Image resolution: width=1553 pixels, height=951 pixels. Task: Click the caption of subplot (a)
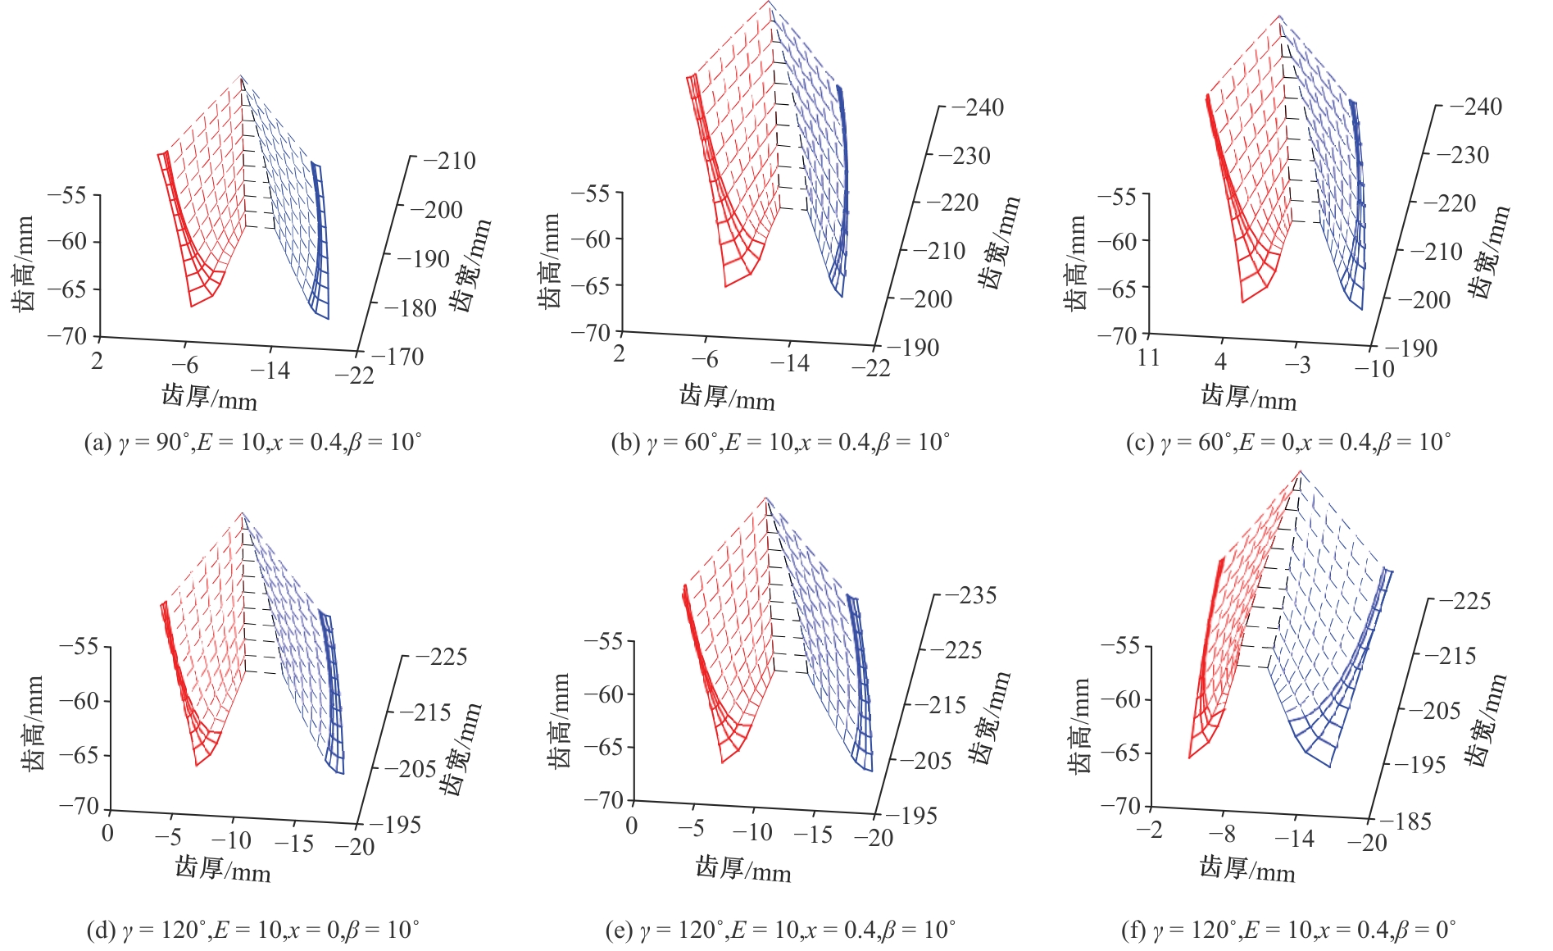252,443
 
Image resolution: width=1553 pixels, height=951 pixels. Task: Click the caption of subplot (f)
1287,930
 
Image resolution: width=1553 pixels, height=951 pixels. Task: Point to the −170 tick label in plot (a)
397,357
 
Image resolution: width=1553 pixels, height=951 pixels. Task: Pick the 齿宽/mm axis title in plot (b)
999,243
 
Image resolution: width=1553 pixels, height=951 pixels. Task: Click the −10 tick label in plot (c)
1374,369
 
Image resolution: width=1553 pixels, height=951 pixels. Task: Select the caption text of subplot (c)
1287,443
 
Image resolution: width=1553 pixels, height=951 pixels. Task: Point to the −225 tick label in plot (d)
441,657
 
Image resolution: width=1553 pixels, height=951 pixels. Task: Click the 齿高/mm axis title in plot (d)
33,723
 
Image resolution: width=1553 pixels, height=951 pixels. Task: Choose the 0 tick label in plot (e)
631,825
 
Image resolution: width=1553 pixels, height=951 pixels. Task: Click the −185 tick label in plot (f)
1405,821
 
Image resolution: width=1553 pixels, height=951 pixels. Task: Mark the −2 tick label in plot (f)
1150,829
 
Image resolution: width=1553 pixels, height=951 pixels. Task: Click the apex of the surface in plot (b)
770,2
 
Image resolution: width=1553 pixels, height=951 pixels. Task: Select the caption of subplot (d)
252,930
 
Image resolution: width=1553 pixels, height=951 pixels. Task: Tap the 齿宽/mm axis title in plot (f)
1487,721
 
